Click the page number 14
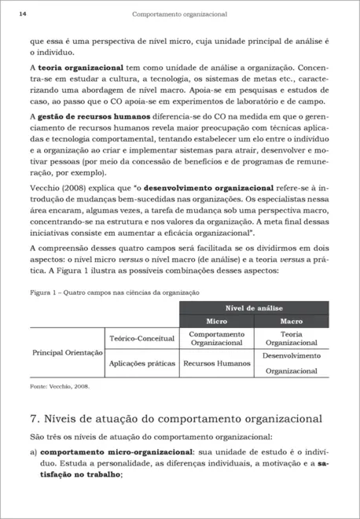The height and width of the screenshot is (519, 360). point(22,14)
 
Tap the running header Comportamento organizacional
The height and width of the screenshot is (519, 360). point(180,14)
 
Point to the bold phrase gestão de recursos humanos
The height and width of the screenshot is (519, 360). point(90,117)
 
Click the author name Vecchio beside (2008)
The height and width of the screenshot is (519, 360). point(45,189)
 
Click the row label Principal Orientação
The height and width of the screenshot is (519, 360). point(66,352)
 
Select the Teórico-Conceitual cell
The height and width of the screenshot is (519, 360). point(141,338)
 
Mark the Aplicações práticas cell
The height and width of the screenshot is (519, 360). point(141,363)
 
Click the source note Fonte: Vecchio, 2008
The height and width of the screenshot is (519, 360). point(59,387)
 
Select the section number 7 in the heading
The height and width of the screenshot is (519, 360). point(32,418)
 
